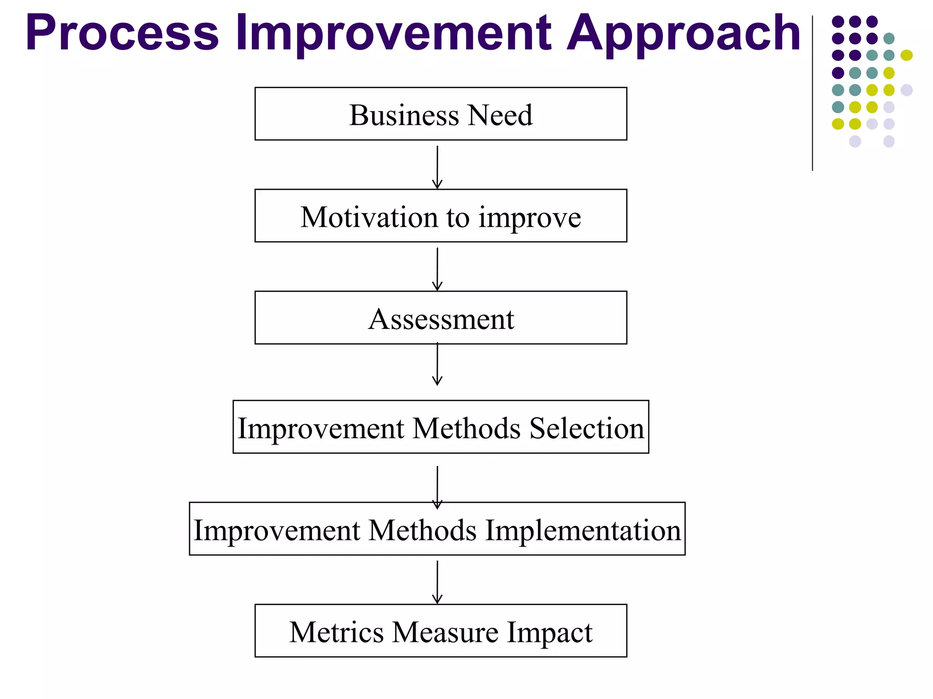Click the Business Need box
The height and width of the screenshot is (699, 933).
[441, 114]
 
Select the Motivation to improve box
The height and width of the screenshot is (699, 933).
[441, 216]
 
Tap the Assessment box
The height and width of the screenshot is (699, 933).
[441, 318]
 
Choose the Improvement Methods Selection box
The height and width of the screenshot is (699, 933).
[441, 427]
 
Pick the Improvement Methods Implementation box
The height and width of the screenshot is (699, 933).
[437, 529]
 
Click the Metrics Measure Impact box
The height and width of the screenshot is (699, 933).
[441, 631]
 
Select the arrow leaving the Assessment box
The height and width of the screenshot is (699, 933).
[437, 364]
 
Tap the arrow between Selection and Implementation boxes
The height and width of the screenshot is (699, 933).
[437, 486]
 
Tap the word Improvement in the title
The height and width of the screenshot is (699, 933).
[393, 33]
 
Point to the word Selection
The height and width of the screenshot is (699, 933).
[587, 429]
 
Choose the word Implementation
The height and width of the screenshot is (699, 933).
[583, 531]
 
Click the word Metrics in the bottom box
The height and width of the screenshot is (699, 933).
[337, 633]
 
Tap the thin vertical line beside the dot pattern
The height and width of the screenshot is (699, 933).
[812, 93]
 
